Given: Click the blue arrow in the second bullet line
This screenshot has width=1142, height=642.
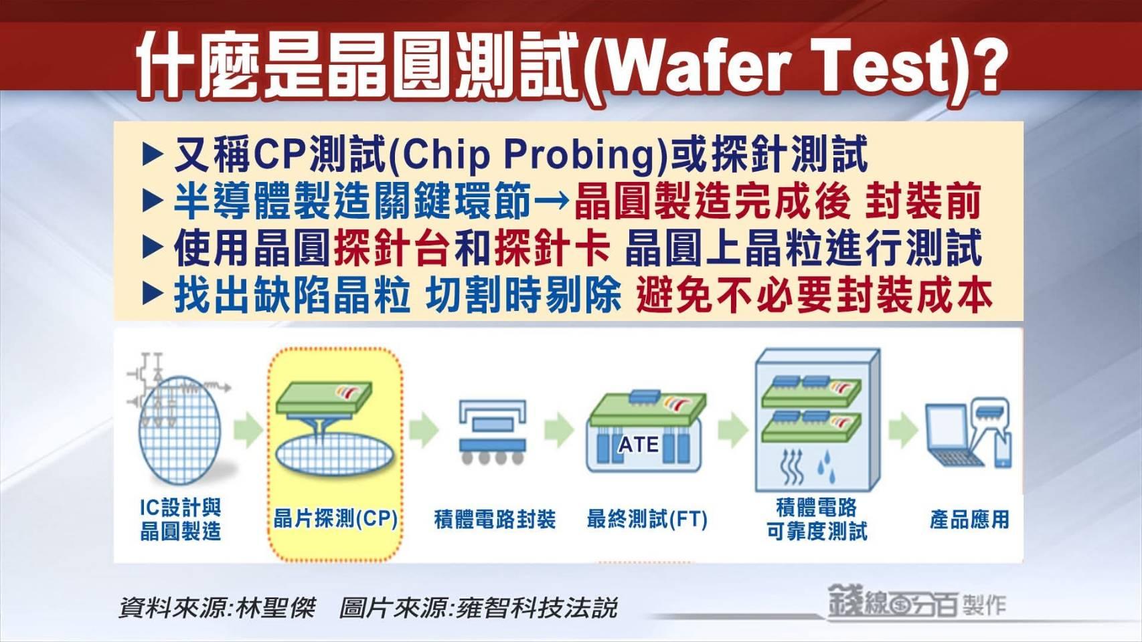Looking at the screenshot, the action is pos(552,201).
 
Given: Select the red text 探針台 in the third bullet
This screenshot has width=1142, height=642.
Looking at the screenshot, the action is pos(392,249).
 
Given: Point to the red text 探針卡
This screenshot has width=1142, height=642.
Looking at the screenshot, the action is pos(552,249).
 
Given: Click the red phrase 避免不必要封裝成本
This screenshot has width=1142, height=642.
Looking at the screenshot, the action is pos(814,296).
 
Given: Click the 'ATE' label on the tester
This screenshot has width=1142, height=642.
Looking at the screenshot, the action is pos(639,445).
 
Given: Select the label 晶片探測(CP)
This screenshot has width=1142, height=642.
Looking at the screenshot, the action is pos(335,519).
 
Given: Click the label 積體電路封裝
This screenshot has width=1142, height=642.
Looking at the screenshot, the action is pos(495,520).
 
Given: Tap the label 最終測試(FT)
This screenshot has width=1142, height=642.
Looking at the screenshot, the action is pos(647,520).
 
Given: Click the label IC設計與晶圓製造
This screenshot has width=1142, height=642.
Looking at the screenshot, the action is pos(181,519).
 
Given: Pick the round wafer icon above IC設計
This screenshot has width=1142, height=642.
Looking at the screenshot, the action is pos(179,431).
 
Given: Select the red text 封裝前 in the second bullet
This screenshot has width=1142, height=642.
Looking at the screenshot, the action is pos(923,201).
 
